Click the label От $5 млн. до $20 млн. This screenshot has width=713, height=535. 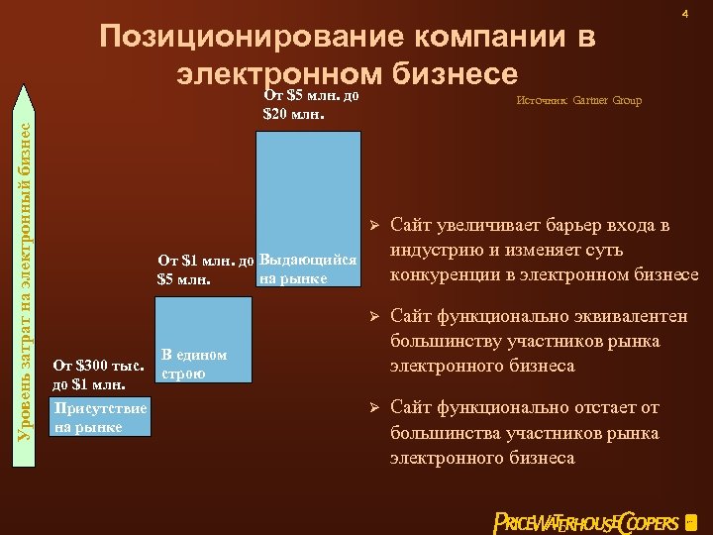[x=310, y=105]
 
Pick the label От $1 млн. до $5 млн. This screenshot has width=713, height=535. [x=206, y=269]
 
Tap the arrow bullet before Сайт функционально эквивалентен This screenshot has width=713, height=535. [x=374, y=316]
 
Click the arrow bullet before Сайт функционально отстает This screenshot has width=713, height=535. [x=374, y=407]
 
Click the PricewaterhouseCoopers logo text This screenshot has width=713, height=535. [x=586, y=522]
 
